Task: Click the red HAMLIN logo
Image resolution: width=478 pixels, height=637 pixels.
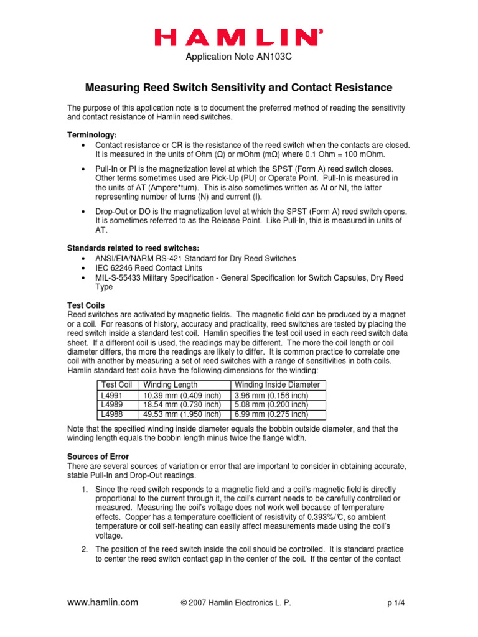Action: click(x=238, y=39)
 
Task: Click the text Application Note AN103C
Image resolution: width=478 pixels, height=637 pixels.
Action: click(x=238, y=58)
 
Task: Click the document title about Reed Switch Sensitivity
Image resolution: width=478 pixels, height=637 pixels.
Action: click(x=238, y=88)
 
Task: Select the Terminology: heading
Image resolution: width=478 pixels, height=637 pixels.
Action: click(x=91, y=135)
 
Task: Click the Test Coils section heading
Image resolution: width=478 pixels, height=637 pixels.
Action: click(x=86, y=305)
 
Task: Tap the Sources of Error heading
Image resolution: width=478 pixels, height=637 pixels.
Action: click(x=98, y=457)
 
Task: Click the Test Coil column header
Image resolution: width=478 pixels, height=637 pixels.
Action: click(x=116, y=385)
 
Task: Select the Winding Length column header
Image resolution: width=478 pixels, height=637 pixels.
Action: click(x=171, y=385)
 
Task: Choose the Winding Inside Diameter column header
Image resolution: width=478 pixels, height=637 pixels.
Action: click(x=277, y=385)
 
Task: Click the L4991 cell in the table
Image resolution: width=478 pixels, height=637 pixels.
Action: click(x=113, y=395)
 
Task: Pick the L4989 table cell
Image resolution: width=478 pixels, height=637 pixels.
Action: click(x=113, y=404)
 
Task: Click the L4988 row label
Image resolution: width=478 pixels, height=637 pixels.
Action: click(x=113, y=414)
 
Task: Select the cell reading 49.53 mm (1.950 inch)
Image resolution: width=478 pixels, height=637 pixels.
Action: click(x=182, y=414)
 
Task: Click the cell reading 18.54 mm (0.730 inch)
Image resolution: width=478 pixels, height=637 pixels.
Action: click(x=182, y=404)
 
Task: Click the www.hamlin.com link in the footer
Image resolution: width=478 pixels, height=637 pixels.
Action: click(x=103, y=602)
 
